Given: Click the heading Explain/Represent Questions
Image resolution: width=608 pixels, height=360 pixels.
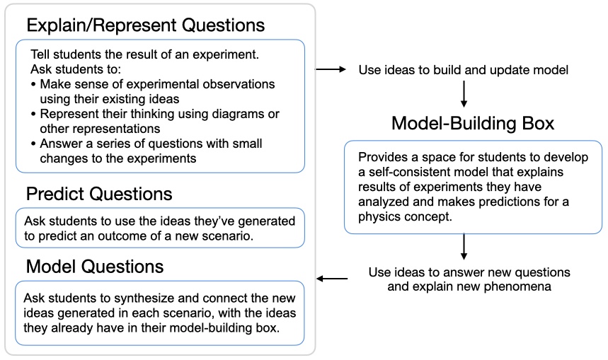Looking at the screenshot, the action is click(x=145, y=25).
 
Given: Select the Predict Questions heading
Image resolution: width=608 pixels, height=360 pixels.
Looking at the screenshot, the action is click(x=99, y=194).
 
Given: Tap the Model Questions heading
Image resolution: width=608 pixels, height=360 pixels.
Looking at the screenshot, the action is click(x=95, y=267).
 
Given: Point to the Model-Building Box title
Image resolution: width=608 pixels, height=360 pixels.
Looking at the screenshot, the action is click(x=473, y=123).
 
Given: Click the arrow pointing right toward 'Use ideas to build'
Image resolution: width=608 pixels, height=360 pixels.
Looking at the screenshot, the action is click(x=331, y=69).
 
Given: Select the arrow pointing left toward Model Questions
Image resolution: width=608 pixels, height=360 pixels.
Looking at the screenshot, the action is click(x=332, y=279).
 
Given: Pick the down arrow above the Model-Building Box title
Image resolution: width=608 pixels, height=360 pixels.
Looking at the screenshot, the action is click(x=464, y=94).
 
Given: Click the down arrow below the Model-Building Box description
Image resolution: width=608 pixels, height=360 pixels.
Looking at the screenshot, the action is click(x=464, y=246).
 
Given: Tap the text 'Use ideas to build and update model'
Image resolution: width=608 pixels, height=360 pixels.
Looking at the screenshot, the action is click(x=464, y=70).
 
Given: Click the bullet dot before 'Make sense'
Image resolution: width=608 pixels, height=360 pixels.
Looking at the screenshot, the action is click(x=34, y=84).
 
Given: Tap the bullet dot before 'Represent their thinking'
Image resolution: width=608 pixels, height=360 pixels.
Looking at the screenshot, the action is click(x=34, y=115).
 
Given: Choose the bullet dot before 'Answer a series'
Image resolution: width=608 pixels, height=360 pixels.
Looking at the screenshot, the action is click(x=34, y=144).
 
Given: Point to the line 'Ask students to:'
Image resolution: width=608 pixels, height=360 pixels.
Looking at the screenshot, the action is click(x=76, y=69).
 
